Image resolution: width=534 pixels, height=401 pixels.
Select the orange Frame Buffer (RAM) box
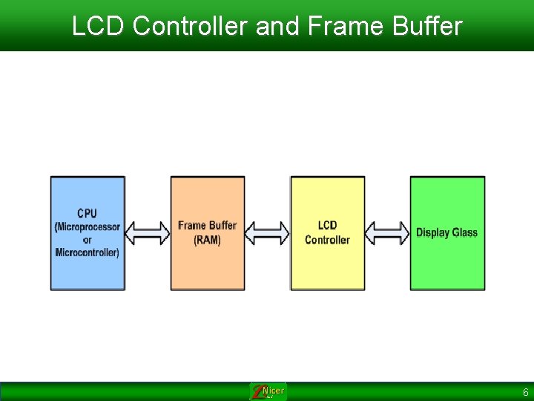[x=208, y=267]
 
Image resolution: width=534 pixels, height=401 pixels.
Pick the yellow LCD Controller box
[x=328, y=267]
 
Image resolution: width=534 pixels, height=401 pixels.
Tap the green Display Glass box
[x=447, y=267]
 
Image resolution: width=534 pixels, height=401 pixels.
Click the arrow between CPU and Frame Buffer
[x=148, y=233]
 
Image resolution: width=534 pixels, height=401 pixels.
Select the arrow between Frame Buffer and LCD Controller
[x=268, y=233]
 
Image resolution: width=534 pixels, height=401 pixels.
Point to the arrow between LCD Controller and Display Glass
[x=388, y=233]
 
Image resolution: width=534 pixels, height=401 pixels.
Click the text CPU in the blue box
[x=88, y=214]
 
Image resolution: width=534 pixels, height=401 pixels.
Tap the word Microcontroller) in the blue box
[x=88, y=252]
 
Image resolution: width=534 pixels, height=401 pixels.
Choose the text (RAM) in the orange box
[x=207, y=240]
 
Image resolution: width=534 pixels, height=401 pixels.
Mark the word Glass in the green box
[x=465, y=232]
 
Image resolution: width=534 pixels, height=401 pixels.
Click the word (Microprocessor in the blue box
[x=88, y=226]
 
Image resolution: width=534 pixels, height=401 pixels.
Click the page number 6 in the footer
[x=525, y=392]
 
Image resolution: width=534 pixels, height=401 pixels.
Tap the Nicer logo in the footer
[x=268, y=391]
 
